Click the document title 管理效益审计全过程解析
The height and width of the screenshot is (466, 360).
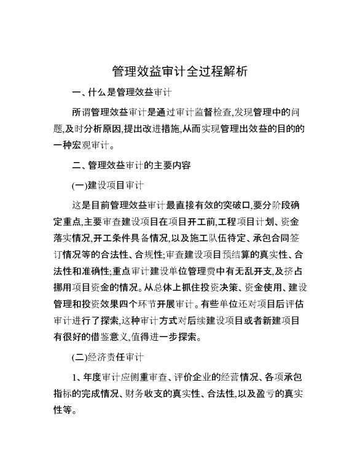point(180,71)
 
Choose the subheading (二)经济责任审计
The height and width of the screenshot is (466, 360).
point(108,357)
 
